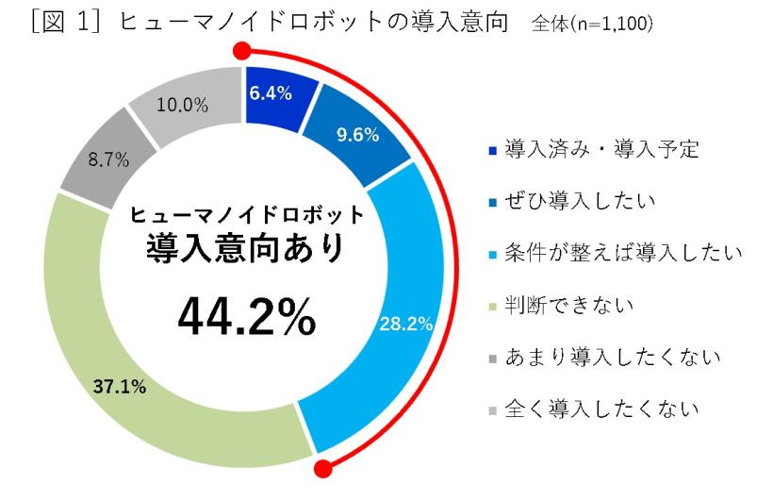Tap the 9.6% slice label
coord(358,135)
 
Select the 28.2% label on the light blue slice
coord(405,325)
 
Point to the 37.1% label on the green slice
coord(120,387)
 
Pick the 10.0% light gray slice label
coord(183,105)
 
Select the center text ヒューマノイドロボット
coord(246,214)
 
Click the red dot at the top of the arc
coord(242,52)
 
